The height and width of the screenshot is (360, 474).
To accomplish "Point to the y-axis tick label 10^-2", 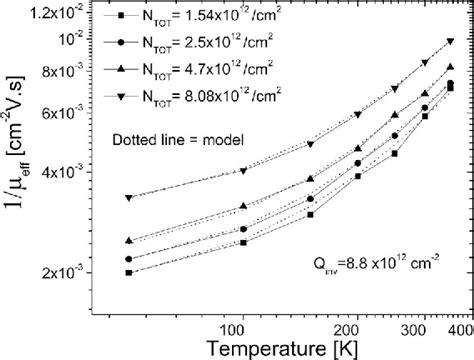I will click(71, 39).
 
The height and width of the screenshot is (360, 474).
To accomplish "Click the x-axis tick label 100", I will click(238, 327).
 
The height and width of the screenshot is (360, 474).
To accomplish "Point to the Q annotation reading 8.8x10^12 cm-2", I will click(380, 266).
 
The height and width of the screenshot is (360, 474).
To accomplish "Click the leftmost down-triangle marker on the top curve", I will click(128, 198).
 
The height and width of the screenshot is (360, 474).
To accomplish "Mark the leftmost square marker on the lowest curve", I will click(128, 272).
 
